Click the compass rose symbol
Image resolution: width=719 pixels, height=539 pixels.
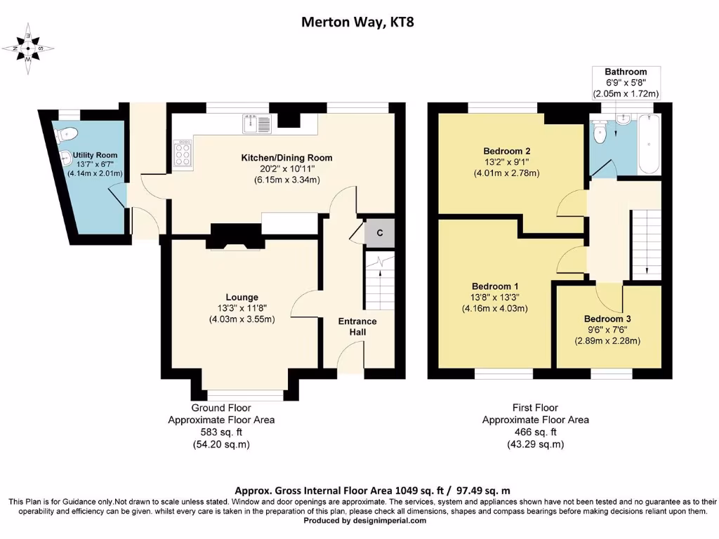pos(28,48)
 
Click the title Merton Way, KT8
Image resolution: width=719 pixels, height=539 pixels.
pos(357,22)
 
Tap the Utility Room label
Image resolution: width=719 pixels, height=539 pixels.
pos(95,155)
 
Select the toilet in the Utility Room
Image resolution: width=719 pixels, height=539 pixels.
pos(66,133)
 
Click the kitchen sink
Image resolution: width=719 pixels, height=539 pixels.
pos(257,124)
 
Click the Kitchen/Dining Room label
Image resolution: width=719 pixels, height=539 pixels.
pos(287,158)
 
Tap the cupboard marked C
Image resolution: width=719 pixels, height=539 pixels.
pos(380,233)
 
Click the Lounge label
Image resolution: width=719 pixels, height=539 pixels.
pos(242,298)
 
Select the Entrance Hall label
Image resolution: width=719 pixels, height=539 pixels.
pos(357,326)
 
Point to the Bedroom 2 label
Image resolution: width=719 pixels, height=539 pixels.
pos(507,152)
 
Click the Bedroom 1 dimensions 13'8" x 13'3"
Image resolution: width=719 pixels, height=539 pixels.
pos(495,298)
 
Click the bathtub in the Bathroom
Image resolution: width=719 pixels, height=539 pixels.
pos(649,144)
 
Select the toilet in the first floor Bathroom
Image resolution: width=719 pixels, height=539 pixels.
pos(600,131)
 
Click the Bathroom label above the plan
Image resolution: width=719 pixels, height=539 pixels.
pos(626,72)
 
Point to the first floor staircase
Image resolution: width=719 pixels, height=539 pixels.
pos(647,244)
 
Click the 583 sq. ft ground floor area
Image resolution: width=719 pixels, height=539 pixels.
pos(221,432)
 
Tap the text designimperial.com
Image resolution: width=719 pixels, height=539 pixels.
pos(390,521)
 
